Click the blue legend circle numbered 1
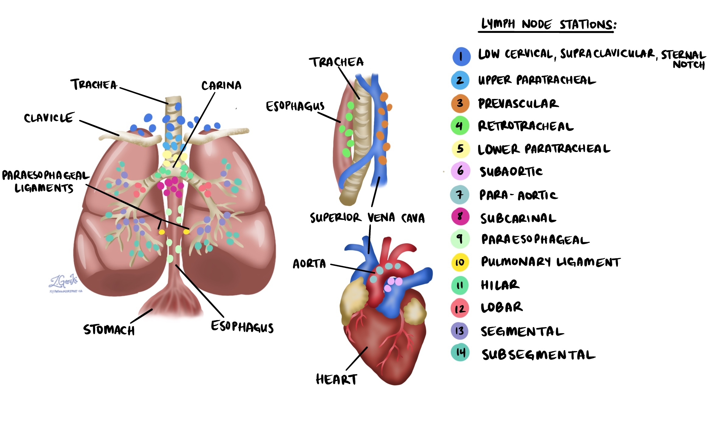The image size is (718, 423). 461,57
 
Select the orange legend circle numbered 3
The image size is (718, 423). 460,103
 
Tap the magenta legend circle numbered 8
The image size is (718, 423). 460,217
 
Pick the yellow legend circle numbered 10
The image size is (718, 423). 460,262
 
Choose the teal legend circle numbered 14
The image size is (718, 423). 460,353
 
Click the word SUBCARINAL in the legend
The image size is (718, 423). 518,218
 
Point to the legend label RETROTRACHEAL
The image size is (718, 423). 525,126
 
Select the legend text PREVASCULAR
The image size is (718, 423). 518,104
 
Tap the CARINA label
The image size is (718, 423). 221,85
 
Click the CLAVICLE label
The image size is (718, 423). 49,118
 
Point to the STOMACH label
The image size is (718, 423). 109,330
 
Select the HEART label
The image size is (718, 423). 336,379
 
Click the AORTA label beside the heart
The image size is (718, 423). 309,264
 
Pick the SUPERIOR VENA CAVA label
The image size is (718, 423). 367,218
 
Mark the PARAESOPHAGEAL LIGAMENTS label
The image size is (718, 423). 45,182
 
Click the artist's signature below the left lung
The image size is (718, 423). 64,282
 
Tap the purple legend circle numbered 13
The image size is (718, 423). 460,331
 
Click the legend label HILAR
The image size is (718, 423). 500,285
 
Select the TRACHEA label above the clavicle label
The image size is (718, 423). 94,84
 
